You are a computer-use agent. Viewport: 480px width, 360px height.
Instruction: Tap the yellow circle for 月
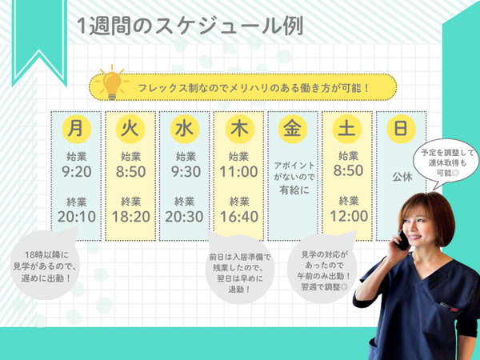click(75, 128)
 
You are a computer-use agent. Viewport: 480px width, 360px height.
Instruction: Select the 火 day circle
click(130, 128)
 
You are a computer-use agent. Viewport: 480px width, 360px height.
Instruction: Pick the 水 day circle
click(184, 128)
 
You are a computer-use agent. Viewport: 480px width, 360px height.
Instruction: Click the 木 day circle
click(239, 128)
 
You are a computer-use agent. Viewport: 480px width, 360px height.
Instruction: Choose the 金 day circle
click(292, 128)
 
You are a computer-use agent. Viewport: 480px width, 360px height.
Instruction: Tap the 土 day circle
click(347, 128)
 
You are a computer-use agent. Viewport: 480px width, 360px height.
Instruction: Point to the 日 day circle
click(402, 128)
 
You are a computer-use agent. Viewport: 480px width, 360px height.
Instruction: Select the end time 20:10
click(75, 216)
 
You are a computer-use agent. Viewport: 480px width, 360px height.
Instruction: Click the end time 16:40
click(239, 216)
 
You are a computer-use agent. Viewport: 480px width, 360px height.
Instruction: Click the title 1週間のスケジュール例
click(189, 26)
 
